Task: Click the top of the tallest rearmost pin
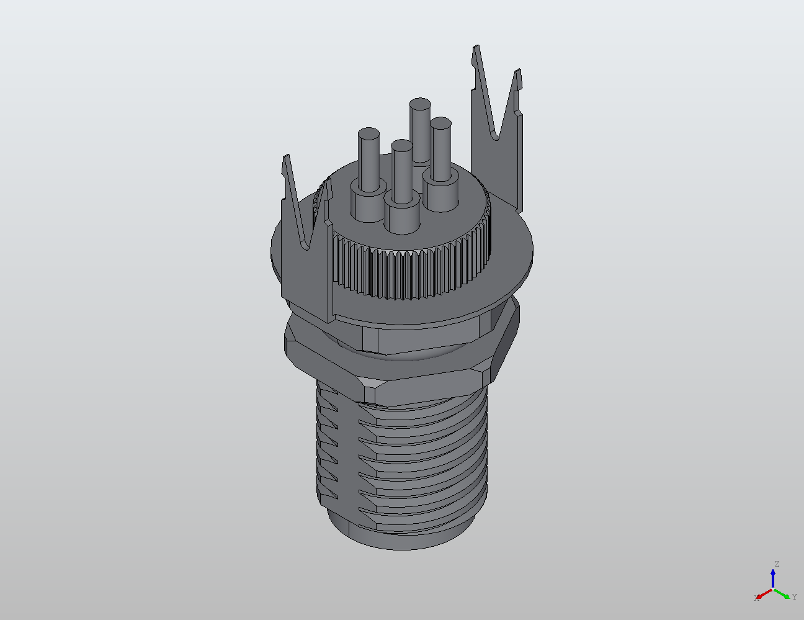pos(420,104)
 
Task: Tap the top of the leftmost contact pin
pos(369,134)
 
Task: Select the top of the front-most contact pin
pos(401,146)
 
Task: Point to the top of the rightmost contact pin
pos(441,124)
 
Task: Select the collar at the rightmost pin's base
pos(442,195)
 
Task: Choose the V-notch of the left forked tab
pos(306,246)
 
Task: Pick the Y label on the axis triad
pos(794,596)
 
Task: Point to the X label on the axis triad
pos(756,598)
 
